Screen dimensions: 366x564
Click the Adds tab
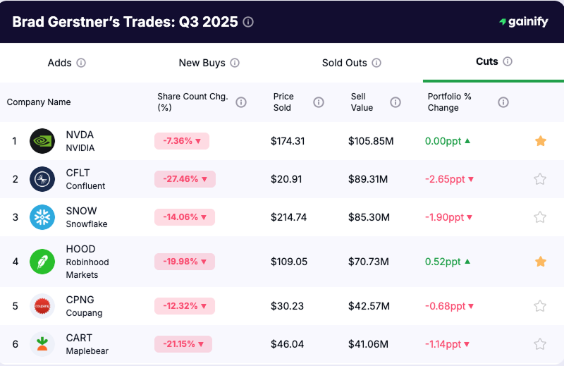[60, 63]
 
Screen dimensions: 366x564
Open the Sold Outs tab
[345, 63]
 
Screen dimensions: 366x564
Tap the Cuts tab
[487, 61]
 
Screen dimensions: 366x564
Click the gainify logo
[523, 22]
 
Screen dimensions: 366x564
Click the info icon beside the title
[248, 22]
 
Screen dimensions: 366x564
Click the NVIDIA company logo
[42, 141]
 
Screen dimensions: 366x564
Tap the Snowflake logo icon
[42, 217]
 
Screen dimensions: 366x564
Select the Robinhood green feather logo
[42, 262]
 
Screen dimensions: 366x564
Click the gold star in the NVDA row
[540, 141]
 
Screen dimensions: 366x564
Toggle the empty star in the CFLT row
[540, 179]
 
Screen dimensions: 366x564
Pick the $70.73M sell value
[369, 262]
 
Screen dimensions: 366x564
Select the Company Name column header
[39, 102]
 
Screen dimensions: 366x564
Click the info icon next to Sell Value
[396, 102]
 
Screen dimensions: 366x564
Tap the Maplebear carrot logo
[42, 344]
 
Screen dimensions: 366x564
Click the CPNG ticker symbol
[80, 300]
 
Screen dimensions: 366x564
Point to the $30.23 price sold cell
[288, 306]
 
